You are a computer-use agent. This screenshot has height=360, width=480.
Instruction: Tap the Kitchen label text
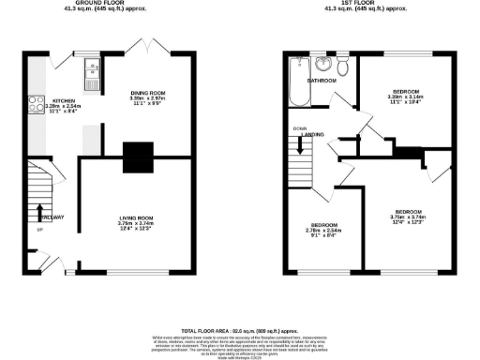click(64, 100)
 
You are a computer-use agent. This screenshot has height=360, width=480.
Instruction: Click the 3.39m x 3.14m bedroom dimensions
click(405, 97)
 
